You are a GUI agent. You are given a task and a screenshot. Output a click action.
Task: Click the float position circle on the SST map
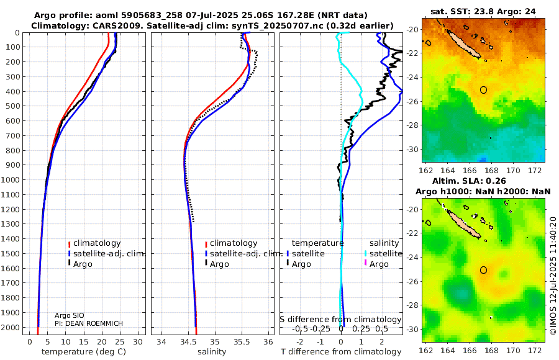tap(484, 89)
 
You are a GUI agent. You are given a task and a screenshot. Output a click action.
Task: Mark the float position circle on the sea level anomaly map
tap(484, 270)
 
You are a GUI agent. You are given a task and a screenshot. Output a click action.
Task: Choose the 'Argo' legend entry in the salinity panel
tap(220, 264)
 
